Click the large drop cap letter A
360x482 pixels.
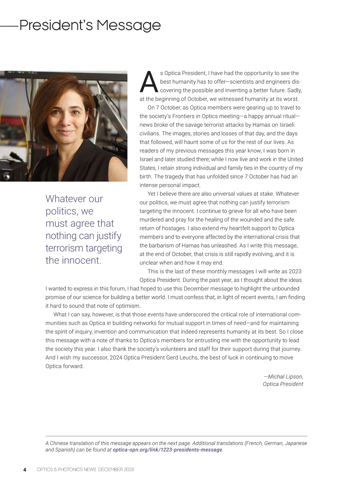pos(148,82)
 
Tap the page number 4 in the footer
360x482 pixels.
pos(25,470)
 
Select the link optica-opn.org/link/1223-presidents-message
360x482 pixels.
pos(167,450)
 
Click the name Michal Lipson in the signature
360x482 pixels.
pos(285,377)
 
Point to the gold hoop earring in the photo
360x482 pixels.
pos(86,127)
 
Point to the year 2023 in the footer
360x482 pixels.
pos(129,470)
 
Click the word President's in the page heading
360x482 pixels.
pos(56,25)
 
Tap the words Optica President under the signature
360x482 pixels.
pos(283,384)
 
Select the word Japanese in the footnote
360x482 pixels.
pos(296,443)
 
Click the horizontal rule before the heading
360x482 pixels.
pos(9,26)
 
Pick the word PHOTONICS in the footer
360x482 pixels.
pos(70,470)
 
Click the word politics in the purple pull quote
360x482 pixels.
pos(62,211)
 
